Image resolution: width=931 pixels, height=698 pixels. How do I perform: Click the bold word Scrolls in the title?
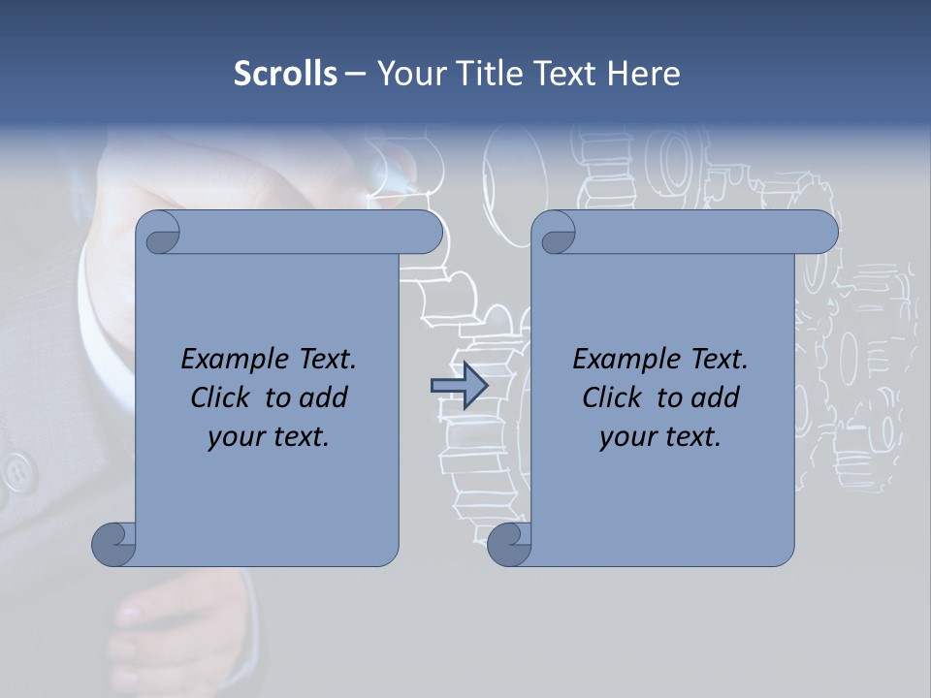285,74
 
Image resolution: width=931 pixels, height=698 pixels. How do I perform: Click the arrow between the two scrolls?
459,386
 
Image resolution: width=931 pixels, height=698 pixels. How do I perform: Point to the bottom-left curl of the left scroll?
113,543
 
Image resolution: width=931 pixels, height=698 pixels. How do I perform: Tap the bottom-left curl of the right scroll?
509,543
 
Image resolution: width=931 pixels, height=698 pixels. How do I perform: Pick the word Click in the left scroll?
223,397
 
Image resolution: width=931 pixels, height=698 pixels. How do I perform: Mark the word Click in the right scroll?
615,397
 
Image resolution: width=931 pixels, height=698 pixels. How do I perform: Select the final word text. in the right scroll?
691,436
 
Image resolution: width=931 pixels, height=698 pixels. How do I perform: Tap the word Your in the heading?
406,74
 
